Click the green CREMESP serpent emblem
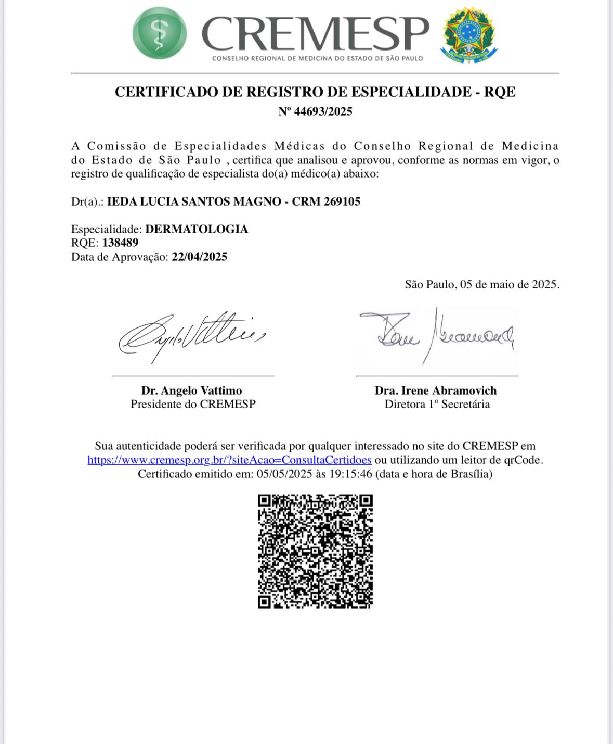click(159, 33)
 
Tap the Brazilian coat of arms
click(469, 35)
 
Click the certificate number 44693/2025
click(323, 111)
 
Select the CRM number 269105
click(342, 201)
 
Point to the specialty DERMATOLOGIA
click(197, 229)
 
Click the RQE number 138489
click(120, 243)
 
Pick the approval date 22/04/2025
click(199, 257)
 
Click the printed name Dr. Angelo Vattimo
click(192, 390)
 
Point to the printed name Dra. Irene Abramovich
click(436, 390)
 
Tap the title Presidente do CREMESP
click(193, 405)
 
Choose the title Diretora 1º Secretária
click(437, 405)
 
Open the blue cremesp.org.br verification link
click(229, 460)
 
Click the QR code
click(315, 551)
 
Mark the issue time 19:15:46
click(351, 474)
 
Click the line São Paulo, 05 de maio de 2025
click(482, 284)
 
